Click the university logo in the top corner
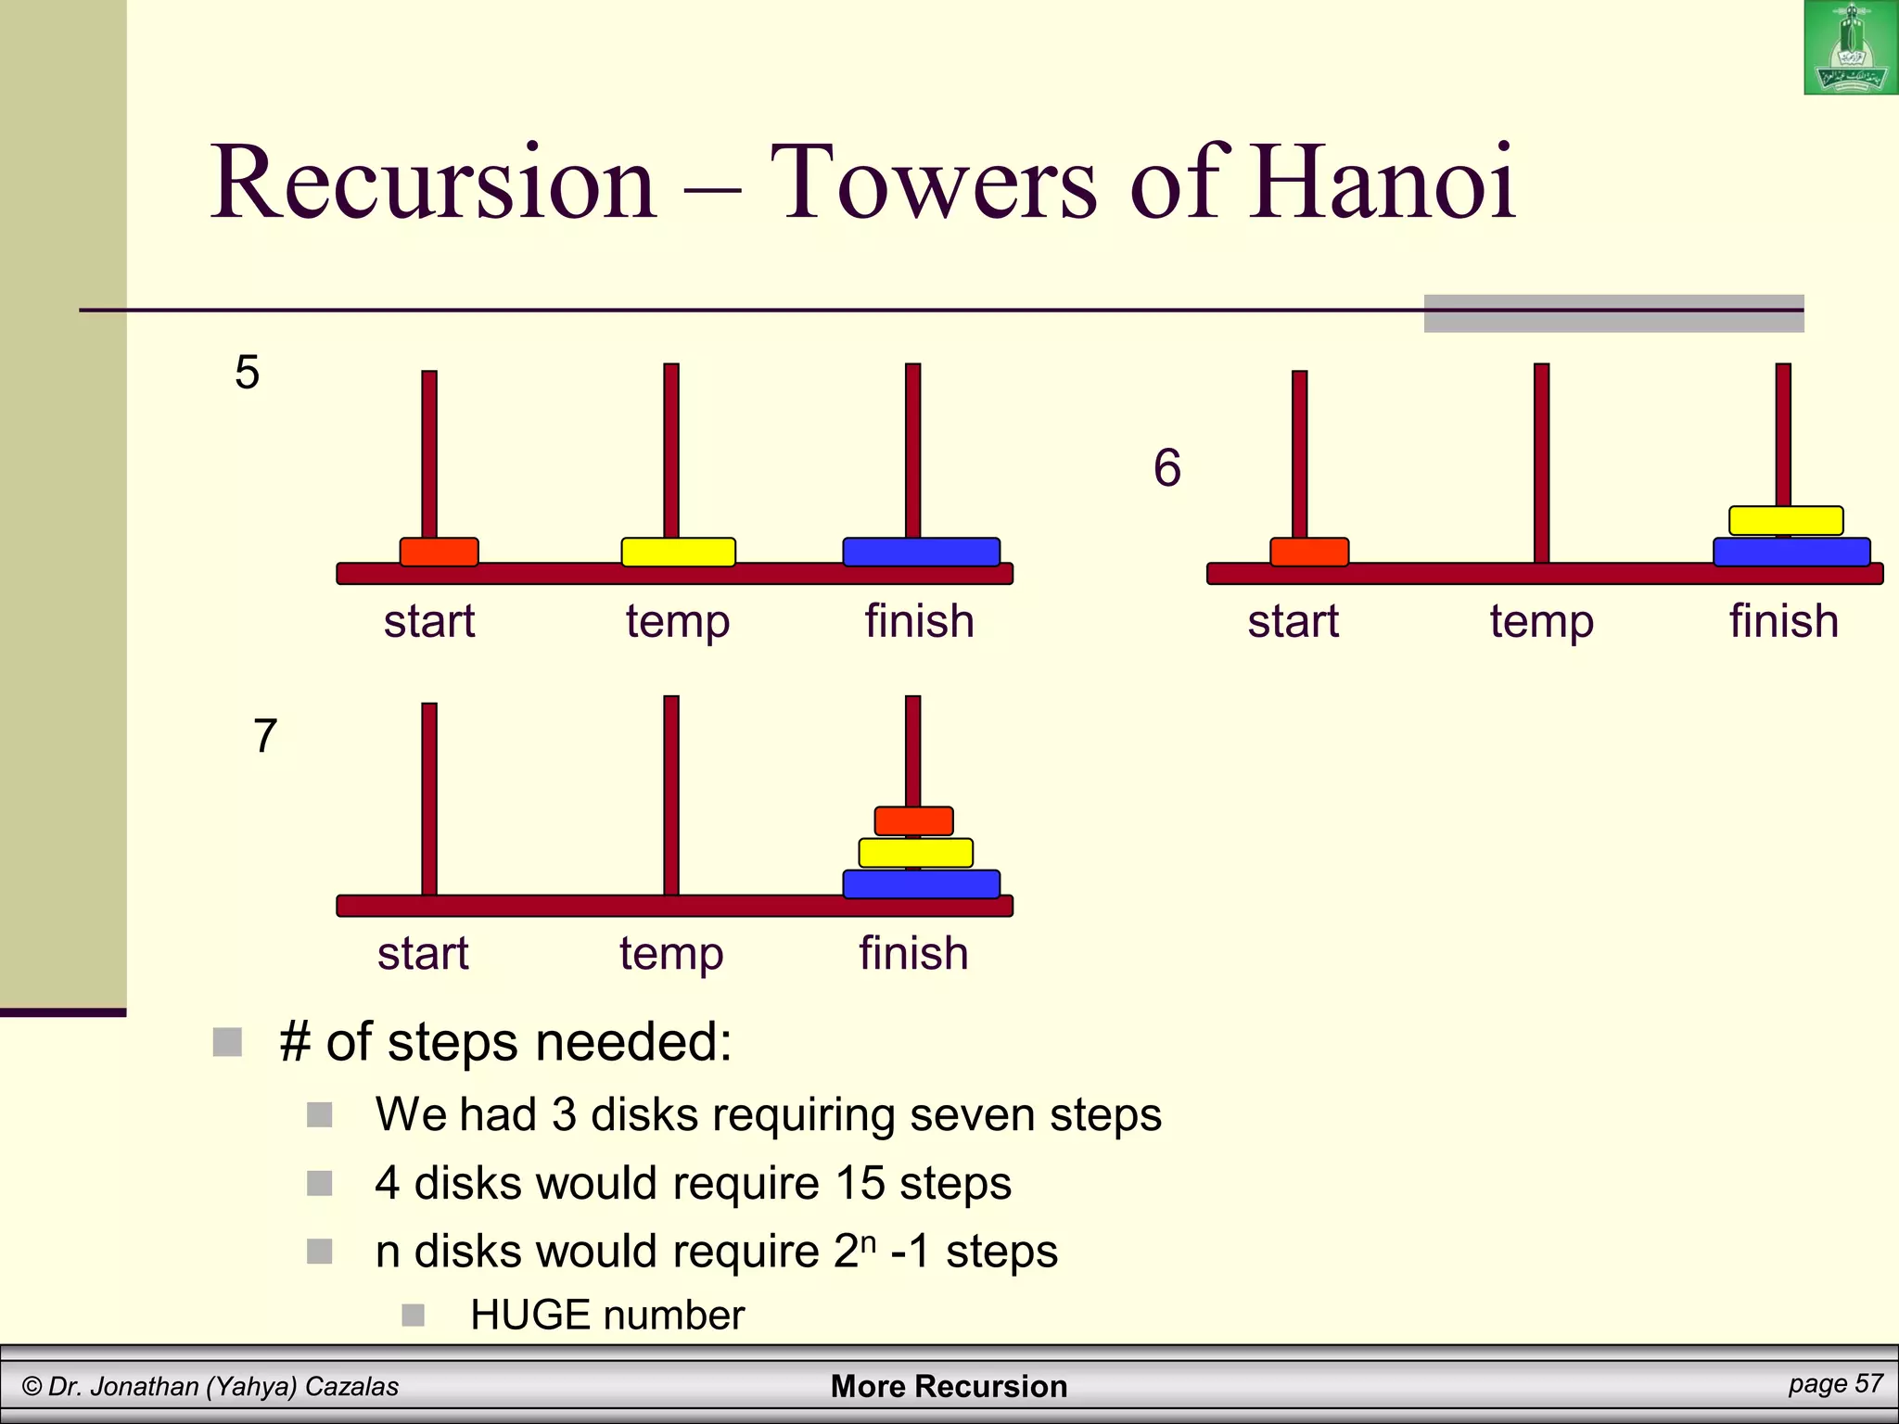pos(1850,47)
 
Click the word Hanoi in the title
pos(1382,183)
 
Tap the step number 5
pos(247,373)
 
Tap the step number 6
pos(1167,467)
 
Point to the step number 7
pos(265,736)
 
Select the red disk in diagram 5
pos(439,552)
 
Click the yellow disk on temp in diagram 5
pos(678,552)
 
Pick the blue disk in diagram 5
pos(921,552)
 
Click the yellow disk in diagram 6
pos(1786,520)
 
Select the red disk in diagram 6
pos(1308,552)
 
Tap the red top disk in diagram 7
pos(913,820)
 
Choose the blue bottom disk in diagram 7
pos(921,884)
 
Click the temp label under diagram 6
pos(1541,622)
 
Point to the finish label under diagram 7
pos(913,953)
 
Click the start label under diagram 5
pos(429,621)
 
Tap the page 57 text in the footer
pos(1835,1383)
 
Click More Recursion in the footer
pos(949,1386)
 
